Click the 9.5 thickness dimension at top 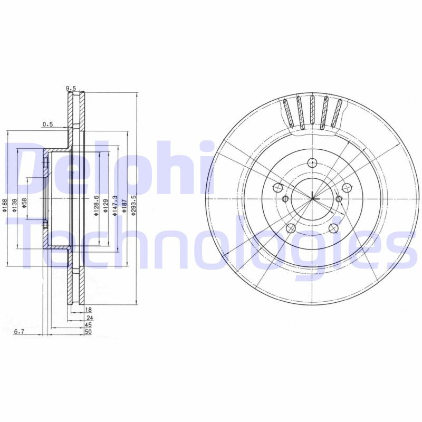pyautogui.click(x=71, y=89)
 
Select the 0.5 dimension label pyautogui.click(x=48, y=124)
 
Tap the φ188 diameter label pyautogui.click(x=5, y=205)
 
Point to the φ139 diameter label pyautogui.click(x=15, y=205)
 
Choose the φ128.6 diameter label pyautogui.click(x=97, y=205)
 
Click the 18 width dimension pyautogui.click(x=89, y=310)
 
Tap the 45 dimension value pyautogui.click(x=89, y=325)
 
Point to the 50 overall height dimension pyautogui.click(x=89, y=332)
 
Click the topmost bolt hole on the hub pyautogui.click(x=312, y=163)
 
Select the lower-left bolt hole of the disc pyautogui.click(x=291, y=228)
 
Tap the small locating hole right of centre pyautogui.click(x=339, y=199)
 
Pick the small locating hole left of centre pyautogui.click(x=285, y=199)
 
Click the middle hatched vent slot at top pyautogui.click(x=312, y=112)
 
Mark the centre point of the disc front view pyautogui.click(x=312, y=198)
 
